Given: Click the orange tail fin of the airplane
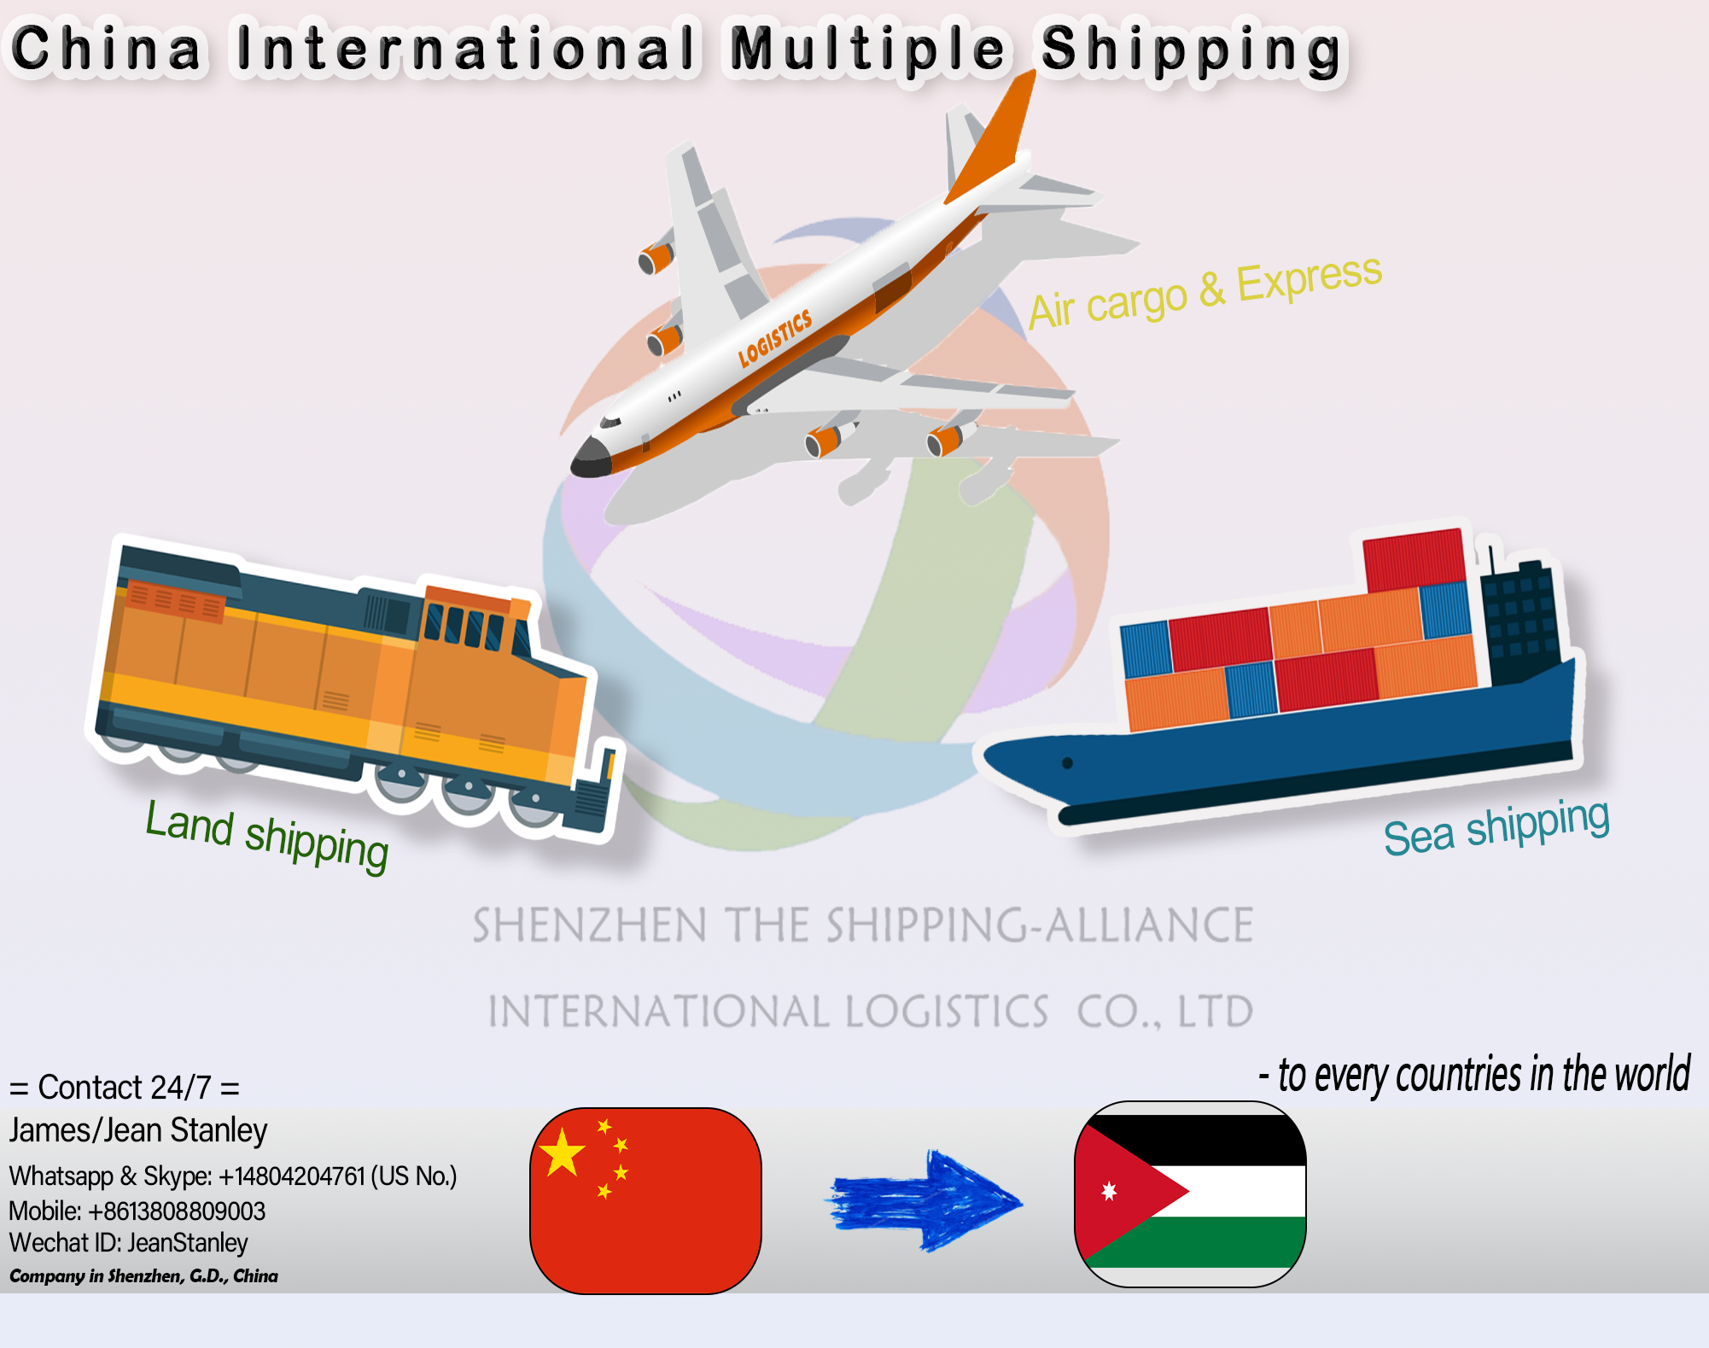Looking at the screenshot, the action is [x=994, y=141].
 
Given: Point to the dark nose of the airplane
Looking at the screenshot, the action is [x=589, y=458].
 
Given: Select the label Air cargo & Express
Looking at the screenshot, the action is [x=1204, y=293].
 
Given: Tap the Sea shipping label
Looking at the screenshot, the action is [x=1496, y=826].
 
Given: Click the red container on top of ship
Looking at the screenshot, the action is [x=1413, y=560].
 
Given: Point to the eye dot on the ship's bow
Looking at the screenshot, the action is [x=1067, y=762].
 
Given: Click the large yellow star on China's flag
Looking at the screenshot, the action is [x=563, y=1153].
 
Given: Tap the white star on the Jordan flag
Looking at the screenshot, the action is [x=1109, y=1191].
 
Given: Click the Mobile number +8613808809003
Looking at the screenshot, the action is [x=176, y=1211].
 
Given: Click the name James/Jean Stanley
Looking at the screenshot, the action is [x=138, y=1130].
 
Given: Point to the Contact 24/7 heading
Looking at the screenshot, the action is [x=124, y=1088].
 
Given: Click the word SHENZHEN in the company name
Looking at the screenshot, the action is [x=589, y=926].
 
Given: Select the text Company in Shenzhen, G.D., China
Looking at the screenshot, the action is [x=143, y=1276].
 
